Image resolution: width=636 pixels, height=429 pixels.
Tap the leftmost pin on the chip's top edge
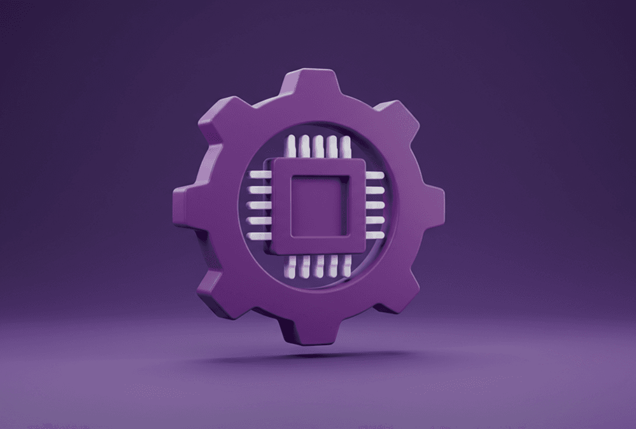tap(292, 146)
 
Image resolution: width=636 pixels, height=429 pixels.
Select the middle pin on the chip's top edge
tap(318, 146)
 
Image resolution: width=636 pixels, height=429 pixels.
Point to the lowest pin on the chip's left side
tap(260, 235)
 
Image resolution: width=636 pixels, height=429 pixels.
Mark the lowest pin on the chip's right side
tap(375, 235)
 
